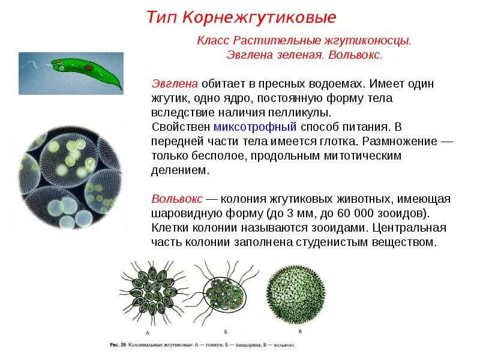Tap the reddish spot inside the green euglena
click(88, 67)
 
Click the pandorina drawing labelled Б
click(226, 292)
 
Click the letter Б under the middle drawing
click(225, 332)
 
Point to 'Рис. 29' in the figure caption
click(119, 344)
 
